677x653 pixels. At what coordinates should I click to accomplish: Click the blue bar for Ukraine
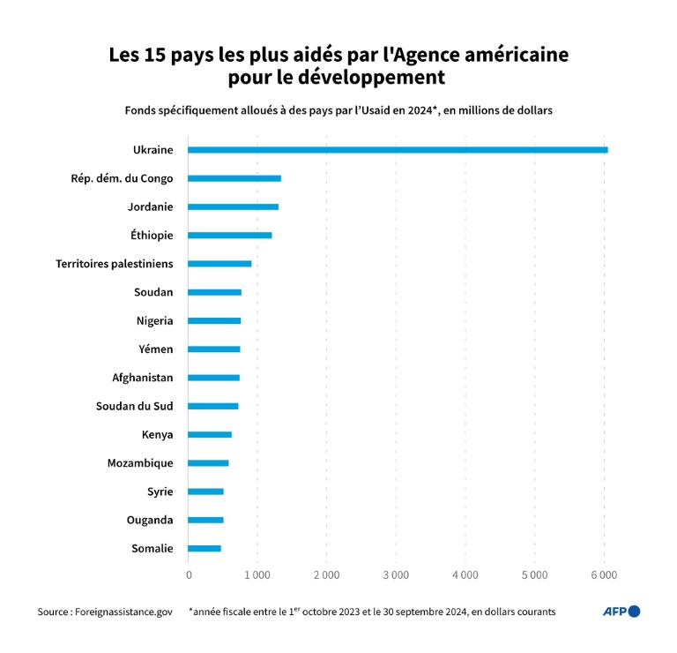397,150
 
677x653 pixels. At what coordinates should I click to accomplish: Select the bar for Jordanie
233,206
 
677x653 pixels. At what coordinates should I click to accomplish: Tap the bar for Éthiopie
229,236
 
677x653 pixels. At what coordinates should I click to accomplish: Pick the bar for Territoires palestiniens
219,264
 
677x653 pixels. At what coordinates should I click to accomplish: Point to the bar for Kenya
210,434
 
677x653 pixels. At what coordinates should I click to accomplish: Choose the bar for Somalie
205,549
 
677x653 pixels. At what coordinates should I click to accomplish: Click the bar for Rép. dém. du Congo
234,178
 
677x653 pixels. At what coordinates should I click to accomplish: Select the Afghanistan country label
142,378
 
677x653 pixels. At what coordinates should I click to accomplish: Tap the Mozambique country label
140,463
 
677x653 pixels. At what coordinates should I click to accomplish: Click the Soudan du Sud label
134,406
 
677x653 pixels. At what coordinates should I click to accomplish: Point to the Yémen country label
155,349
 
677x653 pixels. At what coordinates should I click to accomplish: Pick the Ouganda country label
150,521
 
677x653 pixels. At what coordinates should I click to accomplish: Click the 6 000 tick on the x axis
604,575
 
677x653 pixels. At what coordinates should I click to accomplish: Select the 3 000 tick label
396,575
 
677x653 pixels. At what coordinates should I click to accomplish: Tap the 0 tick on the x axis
189,575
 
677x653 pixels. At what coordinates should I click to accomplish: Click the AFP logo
621,612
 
